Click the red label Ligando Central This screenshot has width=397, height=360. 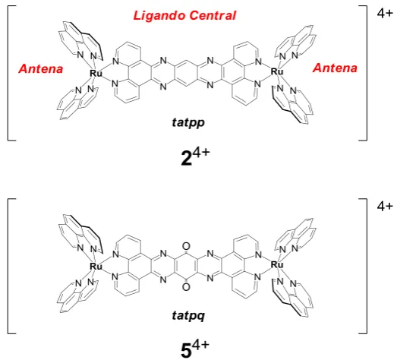(x=184, y=15)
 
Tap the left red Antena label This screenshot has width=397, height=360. (x=41, y=68)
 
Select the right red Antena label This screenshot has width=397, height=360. (x=335, y=68)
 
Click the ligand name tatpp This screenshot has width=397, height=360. (x=188, y=122)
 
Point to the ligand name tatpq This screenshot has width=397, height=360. (x=188, y=316)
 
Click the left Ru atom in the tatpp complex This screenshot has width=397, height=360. (x=96, y=74)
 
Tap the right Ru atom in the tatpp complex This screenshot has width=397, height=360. (x=277, y=71)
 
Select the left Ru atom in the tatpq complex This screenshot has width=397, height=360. (x=96, y=267)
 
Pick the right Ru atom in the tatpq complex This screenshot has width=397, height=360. (x=277, y=265)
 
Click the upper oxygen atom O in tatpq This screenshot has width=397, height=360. (x=186, y=246)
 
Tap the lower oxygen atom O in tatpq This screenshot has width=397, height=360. (x=186, y=287)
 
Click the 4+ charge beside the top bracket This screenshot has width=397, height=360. (x=385, y=13)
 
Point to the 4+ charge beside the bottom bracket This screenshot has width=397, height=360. (x=385, y=207)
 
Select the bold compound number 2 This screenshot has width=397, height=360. (x=187, y=159)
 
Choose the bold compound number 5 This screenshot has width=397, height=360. (x=186, y=351)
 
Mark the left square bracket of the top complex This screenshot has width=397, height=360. (x=8, y=73)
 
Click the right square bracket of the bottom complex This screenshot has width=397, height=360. (x=367, y=266)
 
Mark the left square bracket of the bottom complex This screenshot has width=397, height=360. (x=8, y=267)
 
